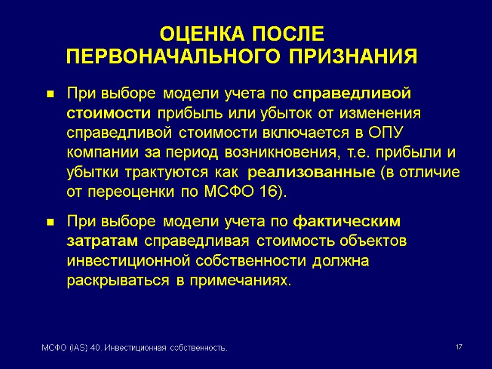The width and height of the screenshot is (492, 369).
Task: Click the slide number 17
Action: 459,348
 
